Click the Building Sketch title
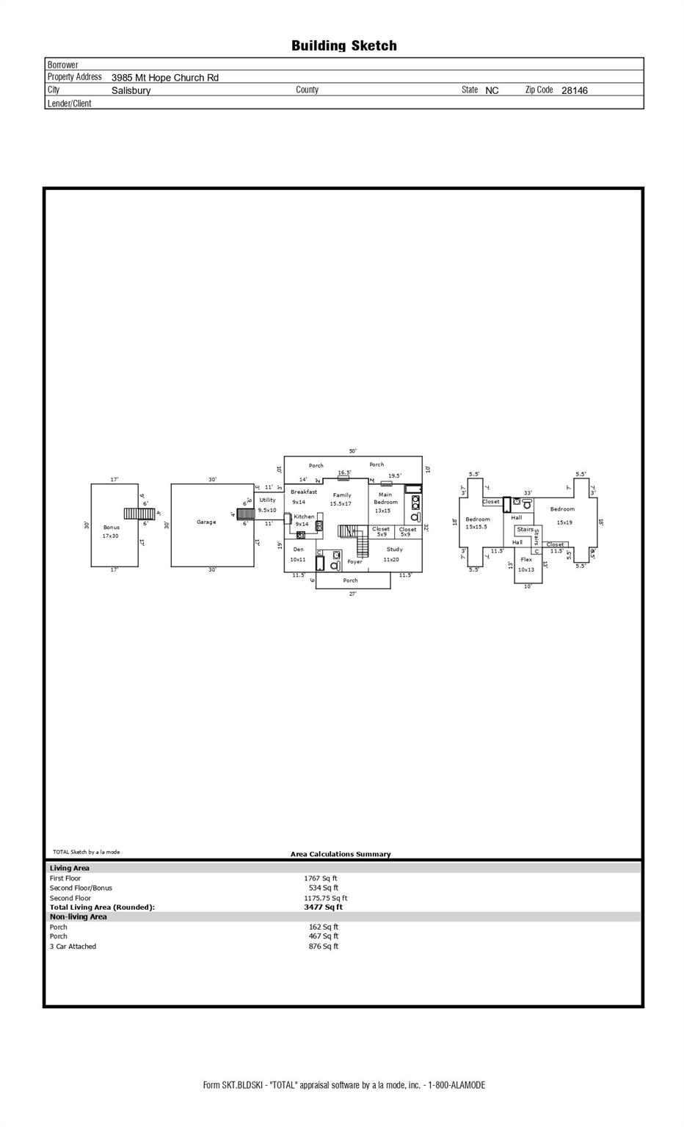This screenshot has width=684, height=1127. pos(343,45)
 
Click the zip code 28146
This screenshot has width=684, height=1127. pos(574,91)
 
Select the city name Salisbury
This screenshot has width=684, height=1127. pos(131,91)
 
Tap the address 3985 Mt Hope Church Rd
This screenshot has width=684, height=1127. pos(164,78)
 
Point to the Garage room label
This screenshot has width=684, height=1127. pos(206,522)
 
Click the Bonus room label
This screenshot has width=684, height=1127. pos(111,528)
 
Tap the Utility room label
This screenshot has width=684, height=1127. pos(267,500)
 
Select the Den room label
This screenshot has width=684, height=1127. pos(298,550)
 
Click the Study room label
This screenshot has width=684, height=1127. pos(394,550)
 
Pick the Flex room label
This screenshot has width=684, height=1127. pos(526,560)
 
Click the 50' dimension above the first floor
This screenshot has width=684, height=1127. pos(352,451)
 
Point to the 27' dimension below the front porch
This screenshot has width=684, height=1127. pos(352,594)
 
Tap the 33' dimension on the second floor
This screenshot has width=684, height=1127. pos(528,493)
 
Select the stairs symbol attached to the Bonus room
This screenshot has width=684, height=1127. pos(138,514)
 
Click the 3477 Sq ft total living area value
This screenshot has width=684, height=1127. pos(324,908)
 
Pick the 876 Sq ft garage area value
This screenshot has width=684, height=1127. pos(324,947)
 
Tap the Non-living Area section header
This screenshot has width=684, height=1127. pos(78,917)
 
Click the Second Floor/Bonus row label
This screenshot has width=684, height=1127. pos(81,888)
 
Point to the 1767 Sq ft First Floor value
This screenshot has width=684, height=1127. pos(321,878)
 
